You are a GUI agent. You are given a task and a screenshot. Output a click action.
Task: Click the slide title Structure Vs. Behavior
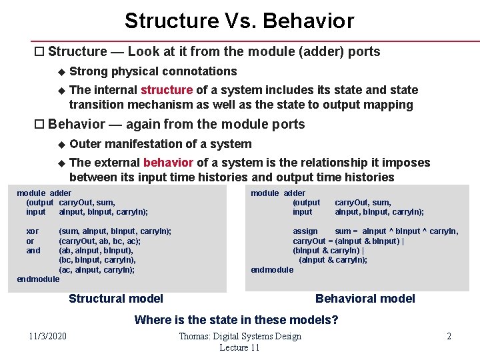[x=239, y=21]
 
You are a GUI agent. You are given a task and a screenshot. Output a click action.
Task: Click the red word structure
[x=167, y=90]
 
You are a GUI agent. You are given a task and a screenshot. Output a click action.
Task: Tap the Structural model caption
[x=116, y=299]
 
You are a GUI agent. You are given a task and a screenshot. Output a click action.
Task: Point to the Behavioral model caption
[x=365, y=299]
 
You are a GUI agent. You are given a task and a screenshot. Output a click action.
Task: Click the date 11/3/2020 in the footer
[x=47, y=336]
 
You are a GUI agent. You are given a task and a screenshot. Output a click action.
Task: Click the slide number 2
[x=449, y=336]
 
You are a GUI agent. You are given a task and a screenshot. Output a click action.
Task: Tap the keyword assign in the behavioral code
[x=305, y=231]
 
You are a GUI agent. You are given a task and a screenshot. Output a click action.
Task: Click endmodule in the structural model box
[x=38, y=279]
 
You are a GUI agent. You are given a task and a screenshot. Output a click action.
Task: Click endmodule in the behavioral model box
[x=272, y=270]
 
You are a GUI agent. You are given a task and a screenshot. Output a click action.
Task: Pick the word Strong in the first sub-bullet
[x=89, y=71]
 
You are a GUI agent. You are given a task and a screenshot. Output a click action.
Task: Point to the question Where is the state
[x=236, y=320]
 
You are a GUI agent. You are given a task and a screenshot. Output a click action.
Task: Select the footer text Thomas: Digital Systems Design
[x=240, y=336]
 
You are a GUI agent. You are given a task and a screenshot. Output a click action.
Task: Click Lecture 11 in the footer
[x=239, y=348]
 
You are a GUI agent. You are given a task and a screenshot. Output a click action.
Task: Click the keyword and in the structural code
[x=33, y=251]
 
